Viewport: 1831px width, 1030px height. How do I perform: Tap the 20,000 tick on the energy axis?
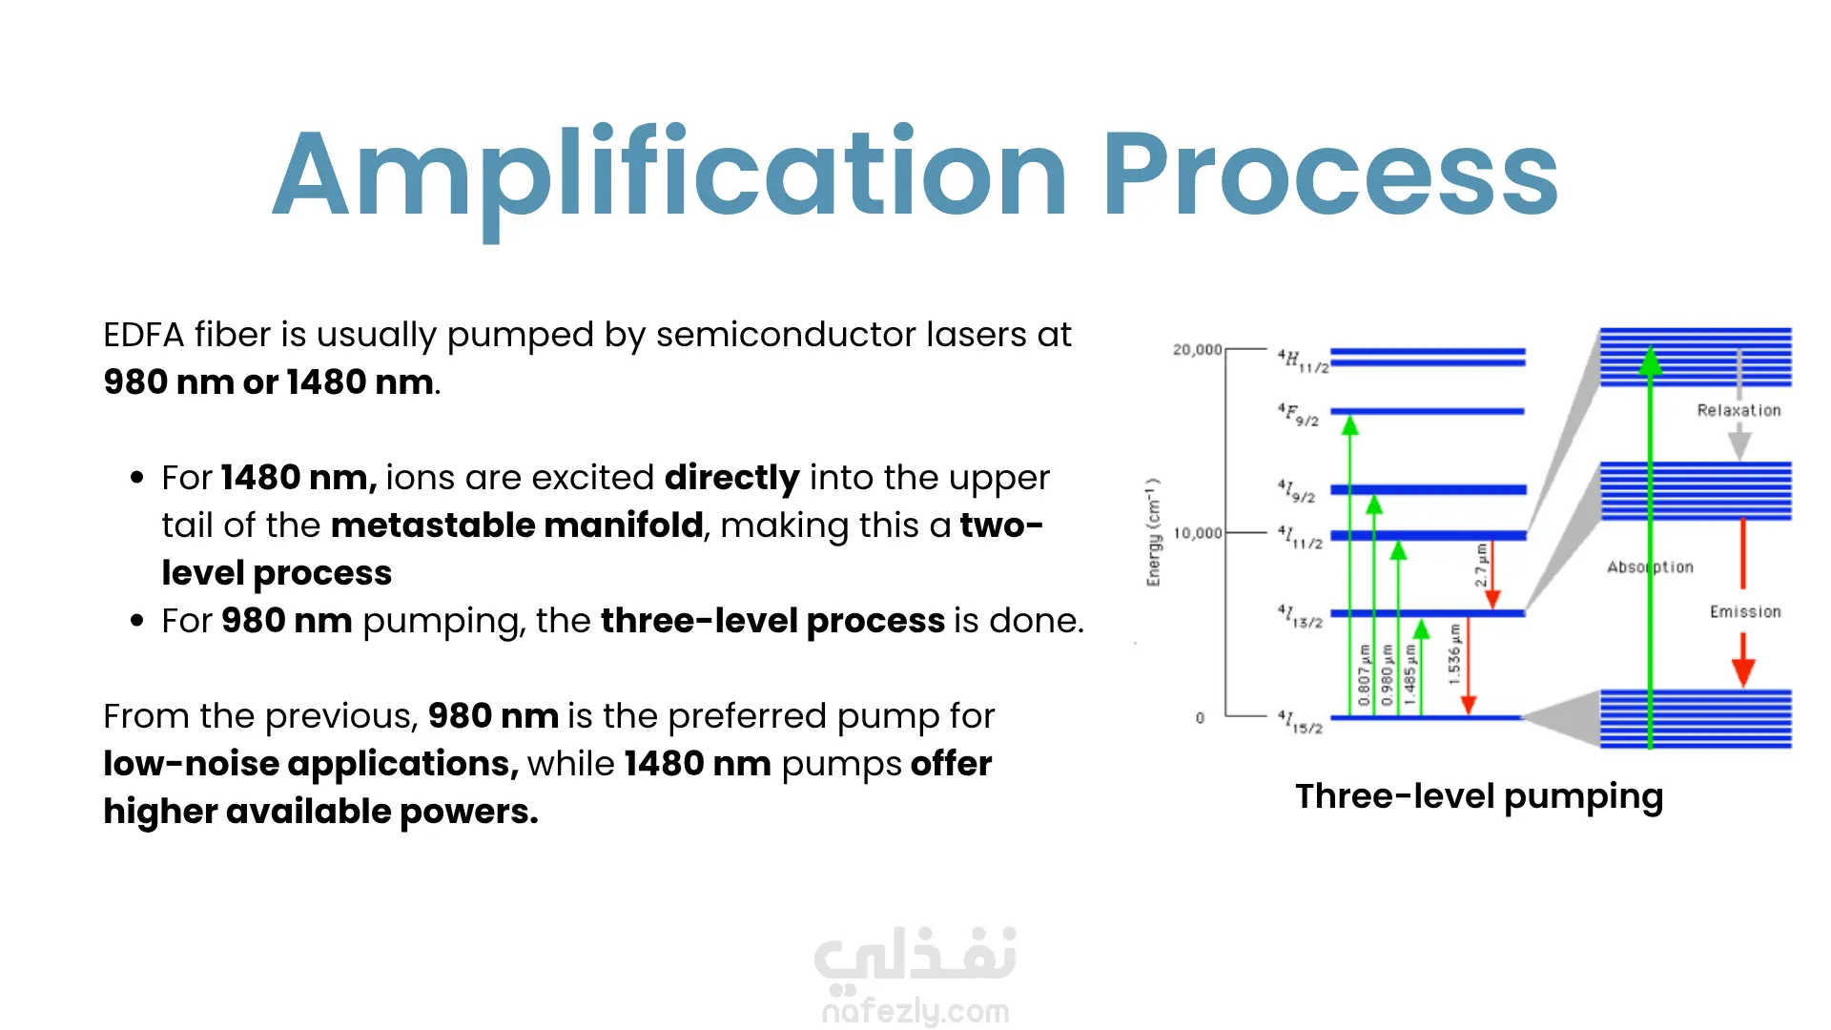1197,350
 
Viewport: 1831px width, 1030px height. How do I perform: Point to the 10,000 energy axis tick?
1197,533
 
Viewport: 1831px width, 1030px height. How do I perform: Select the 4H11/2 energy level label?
1303,361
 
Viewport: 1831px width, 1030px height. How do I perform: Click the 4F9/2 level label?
1298,415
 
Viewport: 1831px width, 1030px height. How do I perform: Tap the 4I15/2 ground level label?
1300,722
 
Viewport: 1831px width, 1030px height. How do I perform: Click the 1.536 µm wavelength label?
1454,654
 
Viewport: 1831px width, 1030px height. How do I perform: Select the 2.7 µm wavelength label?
1481,566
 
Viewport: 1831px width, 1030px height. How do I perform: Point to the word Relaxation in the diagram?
1738,410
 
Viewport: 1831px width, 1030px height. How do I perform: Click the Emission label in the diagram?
1745,611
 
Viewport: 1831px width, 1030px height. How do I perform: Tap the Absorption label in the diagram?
1650,567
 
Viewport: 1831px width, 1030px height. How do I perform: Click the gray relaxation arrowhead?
1739,442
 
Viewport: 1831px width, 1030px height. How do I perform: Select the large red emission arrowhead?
1743,670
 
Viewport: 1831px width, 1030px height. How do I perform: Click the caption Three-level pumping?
1479,797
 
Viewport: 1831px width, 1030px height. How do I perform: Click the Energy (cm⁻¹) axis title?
1154,532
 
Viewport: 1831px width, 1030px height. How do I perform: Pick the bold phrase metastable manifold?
517,525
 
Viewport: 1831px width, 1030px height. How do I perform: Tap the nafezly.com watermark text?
915,1011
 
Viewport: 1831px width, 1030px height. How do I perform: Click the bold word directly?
731,479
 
